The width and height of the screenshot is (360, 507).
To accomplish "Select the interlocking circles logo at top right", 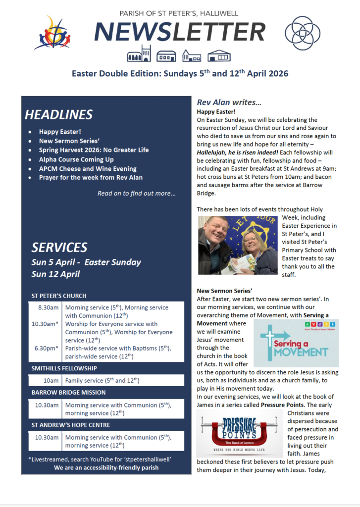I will coord(302,33).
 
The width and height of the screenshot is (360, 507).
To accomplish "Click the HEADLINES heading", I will coord(58,115).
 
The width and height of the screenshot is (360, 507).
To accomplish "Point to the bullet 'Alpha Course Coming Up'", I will coord(76,159).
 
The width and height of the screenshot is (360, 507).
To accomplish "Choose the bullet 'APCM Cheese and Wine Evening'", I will coord(88,168).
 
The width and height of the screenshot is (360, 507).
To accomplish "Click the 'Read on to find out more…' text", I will coord(136,194).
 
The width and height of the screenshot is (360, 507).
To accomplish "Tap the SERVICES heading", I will coord(59,247).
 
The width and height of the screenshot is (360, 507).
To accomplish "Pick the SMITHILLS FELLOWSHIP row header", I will coord(64,368).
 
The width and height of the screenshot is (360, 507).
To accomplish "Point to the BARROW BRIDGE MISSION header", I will coord(68,393).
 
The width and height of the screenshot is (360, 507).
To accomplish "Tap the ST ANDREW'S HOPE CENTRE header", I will coord(70,425).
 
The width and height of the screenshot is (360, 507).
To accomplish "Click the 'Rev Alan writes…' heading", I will coord(229,102).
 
